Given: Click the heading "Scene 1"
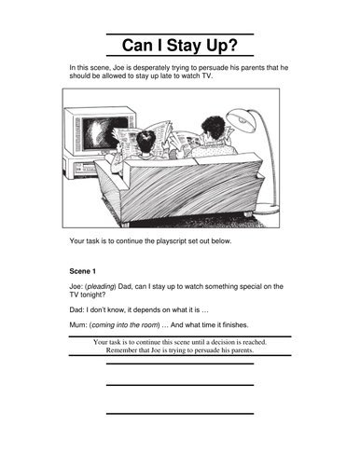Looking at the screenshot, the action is (x=87, y=271).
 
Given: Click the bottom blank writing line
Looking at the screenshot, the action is (x=180, y=413).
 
